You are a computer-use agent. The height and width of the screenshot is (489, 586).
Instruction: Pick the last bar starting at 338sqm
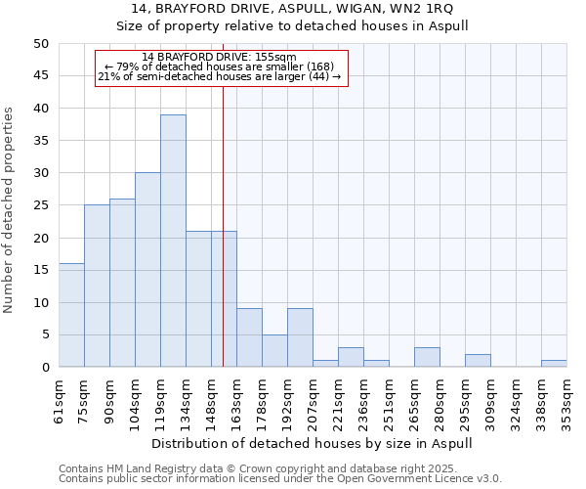pyautogui.click(x=554, y=364)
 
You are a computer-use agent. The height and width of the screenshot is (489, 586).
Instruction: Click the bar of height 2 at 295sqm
pyautogui.click(x=478, y=361)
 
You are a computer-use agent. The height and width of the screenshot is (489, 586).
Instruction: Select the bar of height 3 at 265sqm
pyautogui.click(x=427, y=358)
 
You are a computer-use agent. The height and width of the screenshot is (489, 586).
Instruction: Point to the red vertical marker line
pyautogui.click(x=224, y=244)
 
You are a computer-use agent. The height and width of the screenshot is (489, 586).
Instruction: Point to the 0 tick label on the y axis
pyautogui.click(x=45, y=368)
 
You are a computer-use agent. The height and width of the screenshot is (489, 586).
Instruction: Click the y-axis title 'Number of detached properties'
pyautogui.click(x=10, y=210)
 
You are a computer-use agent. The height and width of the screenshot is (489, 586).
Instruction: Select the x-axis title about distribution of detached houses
pyautogui.click(x=313, y=443)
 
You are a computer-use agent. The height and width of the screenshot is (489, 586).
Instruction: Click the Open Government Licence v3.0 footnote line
pyautogui.click(x=280, y=479)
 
